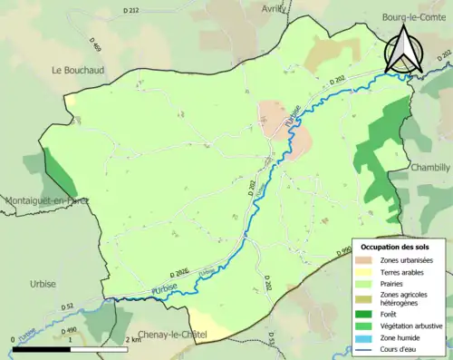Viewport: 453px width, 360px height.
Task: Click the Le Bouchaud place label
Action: pyautogui.click(x=81, y=69)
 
